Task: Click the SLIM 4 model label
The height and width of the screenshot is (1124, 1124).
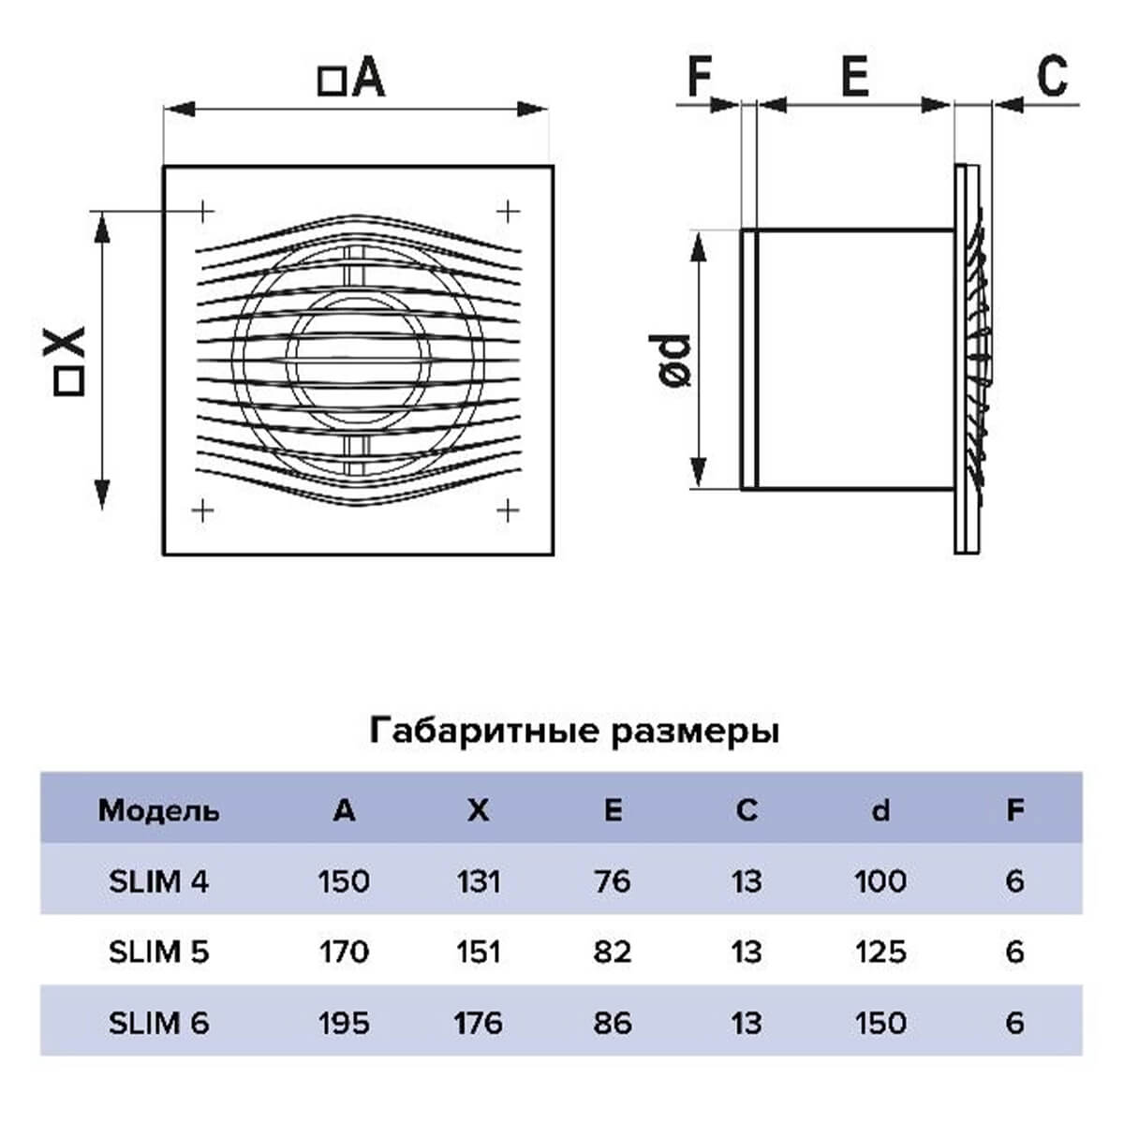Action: tap(158, 881)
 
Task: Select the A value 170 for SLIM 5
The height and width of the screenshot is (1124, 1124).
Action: tap(344, 953)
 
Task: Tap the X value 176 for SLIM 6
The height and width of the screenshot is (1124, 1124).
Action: tap(479, 1023)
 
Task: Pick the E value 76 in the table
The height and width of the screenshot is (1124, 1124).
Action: tap(612, 881)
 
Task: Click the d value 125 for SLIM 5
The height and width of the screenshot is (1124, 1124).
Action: tap(880, 953)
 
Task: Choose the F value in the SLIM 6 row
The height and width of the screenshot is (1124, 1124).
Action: tap(1015, 1023)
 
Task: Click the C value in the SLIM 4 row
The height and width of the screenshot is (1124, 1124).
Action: tap(747, 881)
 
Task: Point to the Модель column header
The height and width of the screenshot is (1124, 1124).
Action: tap(158, 811)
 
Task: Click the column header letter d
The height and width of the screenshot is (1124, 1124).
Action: tap(880, 810)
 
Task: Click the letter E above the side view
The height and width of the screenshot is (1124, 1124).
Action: tap(855, 76)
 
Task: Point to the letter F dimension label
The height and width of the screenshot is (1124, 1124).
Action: tap(700, 76)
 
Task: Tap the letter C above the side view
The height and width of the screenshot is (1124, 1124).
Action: tap(1053, 76)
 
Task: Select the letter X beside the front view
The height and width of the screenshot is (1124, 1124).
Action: tap(65, 342)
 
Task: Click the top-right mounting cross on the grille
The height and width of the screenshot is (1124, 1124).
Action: tap(508, 211)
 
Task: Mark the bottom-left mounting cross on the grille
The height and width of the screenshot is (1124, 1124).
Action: tap(202, 510)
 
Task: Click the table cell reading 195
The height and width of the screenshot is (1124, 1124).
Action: tap(344, 1023)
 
